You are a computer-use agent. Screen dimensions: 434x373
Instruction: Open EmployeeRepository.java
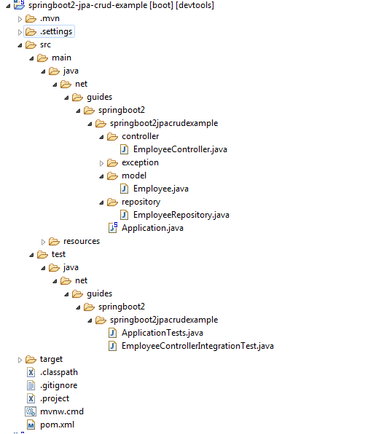click(x=181, y=215)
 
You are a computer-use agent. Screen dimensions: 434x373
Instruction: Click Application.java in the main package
click(x=152, y=228)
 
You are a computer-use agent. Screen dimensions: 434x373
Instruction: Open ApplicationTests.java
click(x=162, y=333)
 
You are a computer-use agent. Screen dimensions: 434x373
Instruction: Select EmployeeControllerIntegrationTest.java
click(x=197, y=346)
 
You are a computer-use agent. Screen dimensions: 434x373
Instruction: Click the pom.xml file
click(x=57, y=425)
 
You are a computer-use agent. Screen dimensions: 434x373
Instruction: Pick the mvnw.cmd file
click(x=62, y=411)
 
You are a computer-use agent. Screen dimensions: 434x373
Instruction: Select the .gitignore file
click(x=58, y=385)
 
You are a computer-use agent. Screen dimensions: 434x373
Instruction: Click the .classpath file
click(x=58, y=372)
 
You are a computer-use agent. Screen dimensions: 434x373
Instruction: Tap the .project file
click(x=55, y=398)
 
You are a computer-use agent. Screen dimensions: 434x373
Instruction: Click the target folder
click(x=51, y=359)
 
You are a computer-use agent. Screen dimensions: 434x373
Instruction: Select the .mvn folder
click(x=50, y=18)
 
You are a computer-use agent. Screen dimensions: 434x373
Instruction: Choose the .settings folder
click(x=55, y=31)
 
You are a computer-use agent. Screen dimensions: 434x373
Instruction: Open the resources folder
click(x=81, y=241)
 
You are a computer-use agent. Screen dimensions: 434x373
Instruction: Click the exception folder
click(x=140, y=162)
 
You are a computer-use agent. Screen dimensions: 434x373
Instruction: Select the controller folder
click(x=140, y=136)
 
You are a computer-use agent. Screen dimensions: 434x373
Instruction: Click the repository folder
click(x=141, y=202)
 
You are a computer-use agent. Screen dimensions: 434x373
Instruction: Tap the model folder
click(x=134, y=175)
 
